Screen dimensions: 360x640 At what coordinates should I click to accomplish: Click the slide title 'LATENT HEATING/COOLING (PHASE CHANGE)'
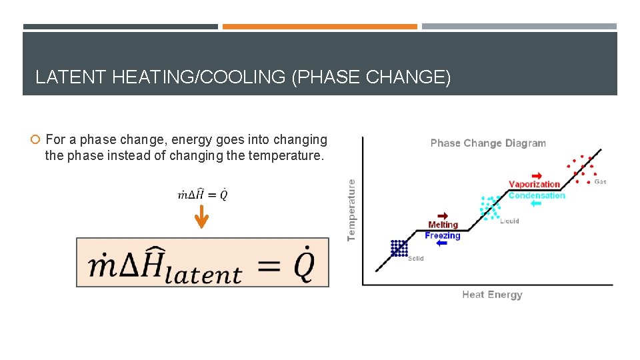click(x=243, y=77)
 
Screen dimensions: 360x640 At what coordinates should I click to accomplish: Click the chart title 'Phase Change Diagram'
click(x=488, y=143)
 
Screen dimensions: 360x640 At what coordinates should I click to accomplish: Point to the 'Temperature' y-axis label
click(x=351, y=209)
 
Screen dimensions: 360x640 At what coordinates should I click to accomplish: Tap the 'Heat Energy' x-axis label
click(x=492, y=295)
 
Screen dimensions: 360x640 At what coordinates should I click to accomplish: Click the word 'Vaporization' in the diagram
click(x=534, y=185)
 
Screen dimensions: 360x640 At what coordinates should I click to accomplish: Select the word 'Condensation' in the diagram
click(x=536, y=195)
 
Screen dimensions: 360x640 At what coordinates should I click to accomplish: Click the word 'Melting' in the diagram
click(x=443, y=225)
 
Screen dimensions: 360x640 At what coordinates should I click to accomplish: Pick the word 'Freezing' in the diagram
click(x=443, y=235)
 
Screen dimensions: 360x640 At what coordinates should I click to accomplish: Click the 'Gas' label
click(x=600, y=181)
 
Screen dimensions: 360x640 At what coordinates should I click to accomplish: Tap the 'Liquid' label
click(x=509, y=221)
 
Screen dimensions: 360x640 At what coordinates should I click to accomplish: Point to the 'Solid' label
click(x=415, y=259)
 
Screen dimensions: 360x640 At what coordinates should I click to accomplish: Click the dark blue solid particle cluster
click(x=399, y=248)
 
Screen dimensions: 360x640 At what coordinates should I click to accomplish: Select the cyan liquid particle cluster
click(x=491, y=207)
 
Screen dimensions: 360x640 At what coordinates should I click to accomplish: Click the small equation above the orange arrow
click(x=203, y=195)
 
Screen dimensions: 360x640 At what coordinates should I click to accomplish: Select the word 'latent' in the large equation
click(x=203, y=274)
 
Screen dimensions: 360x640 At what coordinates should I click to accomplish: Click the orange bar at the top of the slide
click(x=319, y=27)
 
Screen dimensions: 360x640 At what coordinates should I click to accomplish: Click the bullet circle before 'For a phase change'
click(x=36, y=140)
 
